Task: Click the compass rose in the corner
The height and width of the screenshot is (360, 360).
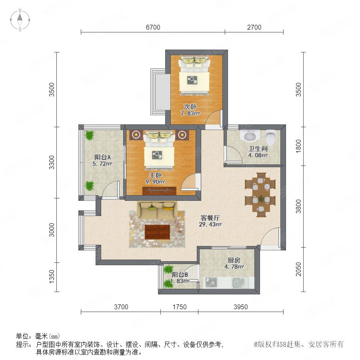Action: (20, 20)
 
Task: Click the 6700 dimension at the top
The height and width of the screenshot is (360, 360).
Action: (153, 27)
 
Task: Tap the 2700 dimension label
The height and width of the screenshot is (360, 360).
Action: (254, 27)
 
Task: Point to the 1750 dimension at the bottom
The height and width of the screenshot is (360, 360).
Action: (179, 307)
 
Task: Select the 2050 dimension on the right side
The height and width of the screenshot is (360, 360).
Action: (298, 269)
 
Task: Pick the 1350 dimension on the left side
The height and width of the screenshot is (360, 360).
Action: (52, 277)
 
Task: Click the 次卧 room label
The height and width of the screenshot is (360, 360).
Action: (190, 107)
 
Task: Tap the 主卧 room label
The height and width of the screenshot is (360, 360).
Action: (156, 176)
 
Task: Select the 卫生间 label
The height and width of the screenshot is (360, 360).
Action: (258, 149)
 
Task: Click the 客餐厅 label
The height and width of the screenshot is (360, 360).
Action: (210, 218)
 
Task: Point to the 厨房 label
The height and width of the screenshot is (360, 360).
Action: (234, 260)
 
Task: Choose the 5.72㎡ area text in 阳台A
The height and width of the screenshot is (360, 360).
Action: (102, 164)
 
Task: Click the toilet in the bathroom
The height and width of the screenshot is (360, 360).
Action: (270, 137)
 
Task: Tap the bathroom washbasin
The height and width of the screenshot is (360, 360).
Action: (250, 136)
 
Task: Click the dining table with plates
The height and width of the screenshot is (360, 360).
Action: (260, 195)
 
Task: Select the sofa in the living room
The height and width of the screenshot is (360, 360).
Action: (157, 210)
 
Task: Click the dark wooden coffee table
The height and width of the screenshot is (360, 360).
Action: (158, 232)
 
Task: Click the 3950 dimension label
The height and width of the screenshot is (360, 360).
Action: (241, 307)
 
